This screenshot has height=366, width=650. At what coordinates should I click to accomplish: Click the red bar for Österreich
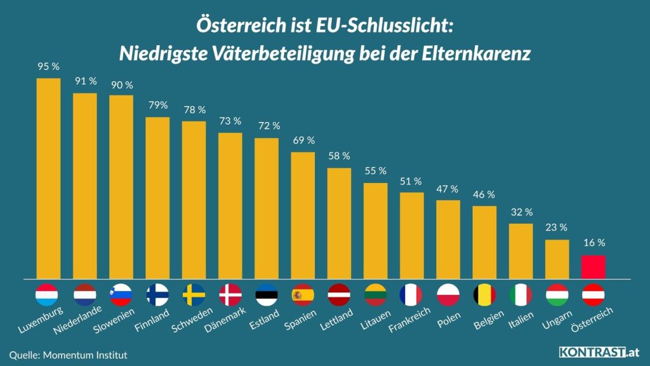click(593, 267)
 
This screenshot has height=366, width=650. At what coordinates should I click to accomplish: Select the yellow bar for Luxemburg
click(48, 178)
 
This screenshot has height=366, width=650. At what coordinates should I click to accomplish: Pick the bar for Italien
click(521, 251)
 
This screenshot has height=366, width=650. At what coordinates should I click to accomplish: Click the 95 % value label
click(48, 65)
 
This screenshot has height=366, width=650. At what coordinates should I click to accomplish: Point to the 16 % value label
click(593, 243)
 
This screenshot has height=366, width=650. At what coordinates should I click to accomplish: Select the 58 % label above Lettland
click(339, 156)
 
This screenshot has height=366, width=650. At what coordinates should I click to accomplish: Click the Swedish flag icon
click(194, 295)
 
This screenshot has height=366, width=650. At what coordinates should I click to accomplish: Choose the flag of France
click(411, 295)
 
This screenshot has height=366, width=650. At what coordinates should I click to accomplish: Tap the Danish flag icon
click(230, 295)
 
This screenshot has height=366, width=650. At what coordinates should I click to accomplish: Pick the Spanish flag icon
click(303, 295)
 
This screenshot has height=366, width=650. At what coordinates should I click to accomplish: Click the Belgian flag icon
click(484, 295)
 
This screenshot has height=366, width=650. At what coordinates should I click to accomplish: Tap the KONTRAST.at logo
click(599, 352)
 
